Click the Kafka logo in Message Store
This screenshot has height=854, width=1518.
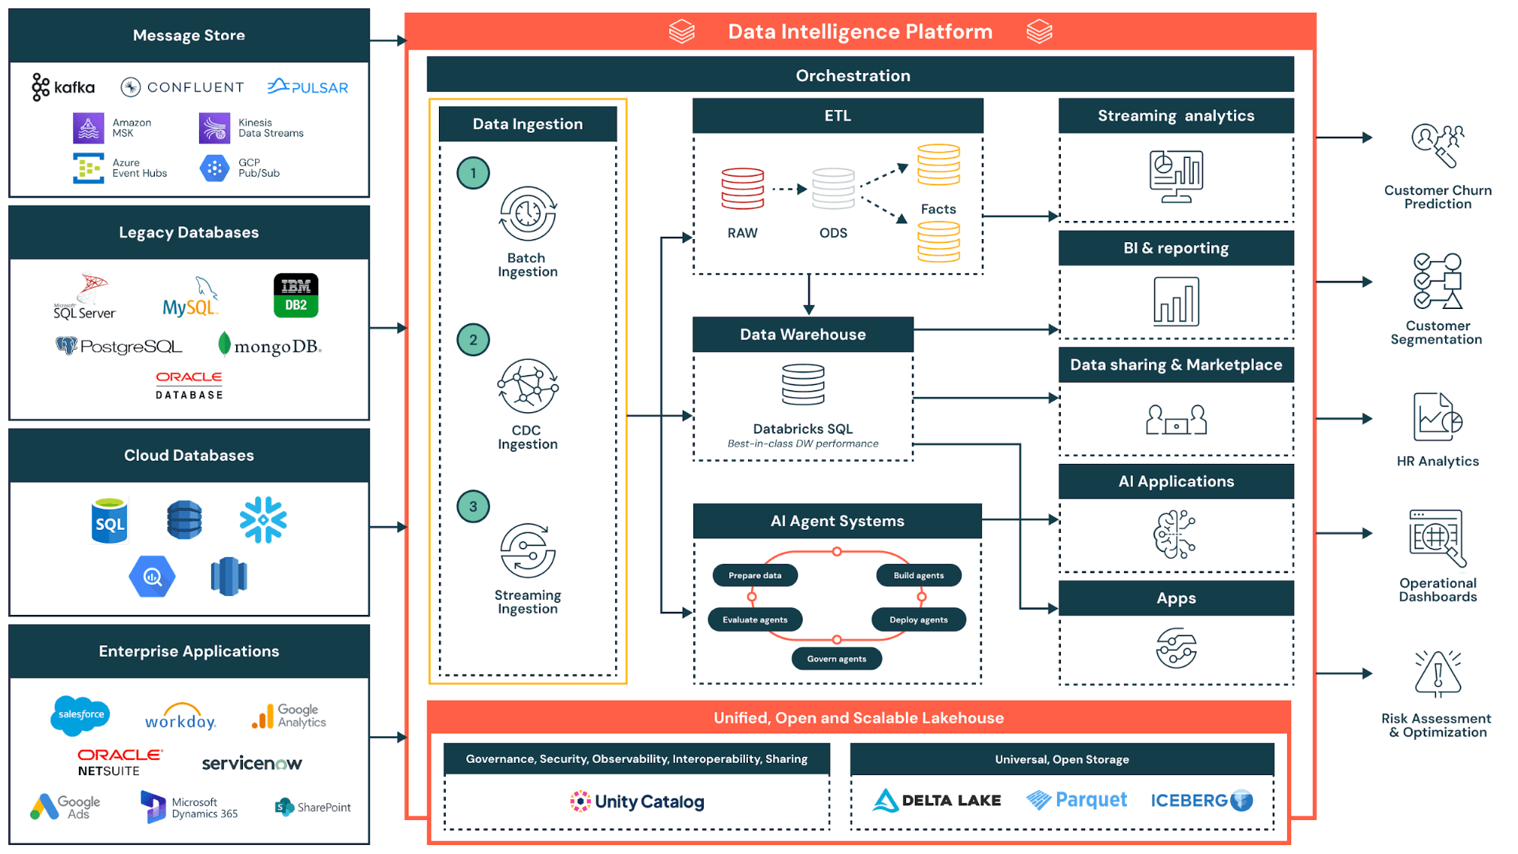click(63, 87)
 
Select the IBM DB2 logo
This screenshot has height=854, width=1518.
click(295, 295)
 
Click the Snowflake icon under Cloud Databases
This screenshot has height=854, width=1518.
click(263, 520)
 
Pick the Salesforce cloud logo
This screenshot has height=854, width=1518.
click(81, 715)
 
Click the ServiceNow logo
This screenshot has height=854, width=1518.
click(251, 763)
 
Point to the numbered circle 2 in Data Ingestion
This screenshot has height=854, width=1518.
click(473, 340)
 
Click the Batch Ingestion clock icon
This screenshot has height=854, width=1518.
click(528, 215)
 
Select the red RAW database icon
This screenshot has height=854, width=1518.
click(742, 189)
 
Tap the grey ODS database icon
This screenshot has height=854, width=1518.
click(833, 189)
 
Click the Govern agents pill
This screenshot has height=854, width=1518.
click(836, 658)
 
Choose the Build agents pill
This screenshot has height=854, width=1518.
click(918, 575)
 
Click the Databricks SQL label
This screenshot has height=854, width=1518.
click(803, 429)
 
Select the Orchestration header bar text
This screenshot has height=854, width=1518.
click(853, 75)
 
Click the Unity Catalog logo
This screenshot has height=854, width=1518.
click(637, 802)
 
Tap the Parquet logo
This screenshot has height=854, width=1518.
click(1076, 800)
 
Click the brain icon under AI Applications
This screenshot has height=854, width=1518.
click(1175, 534)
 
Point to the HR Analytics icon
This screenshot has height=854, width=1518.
click(1437, 418)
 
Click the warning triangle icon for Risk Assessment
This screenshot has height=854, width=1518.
click(1437, 674)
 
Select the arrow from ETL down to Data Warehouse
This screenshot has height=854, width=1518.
click(809, 295)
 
